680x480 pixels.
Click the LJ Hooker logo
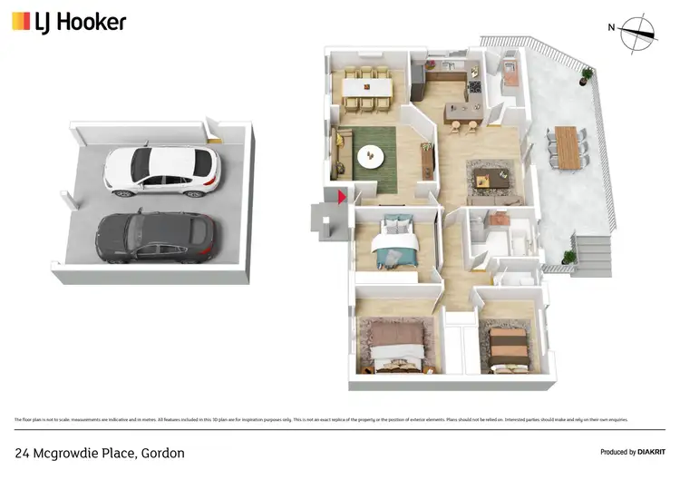[69, 22]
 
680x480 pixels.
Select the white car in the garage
[161, 171]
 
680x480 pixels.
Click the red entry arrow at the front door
[341, 196]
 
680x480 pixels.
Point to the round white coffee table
[371, 156]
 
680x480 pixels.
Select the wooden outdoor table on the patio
[567, 147]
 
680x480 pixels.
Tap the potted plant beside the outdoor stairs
[568, 257]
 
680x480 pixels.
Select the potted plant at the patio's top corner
[588, 73]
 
